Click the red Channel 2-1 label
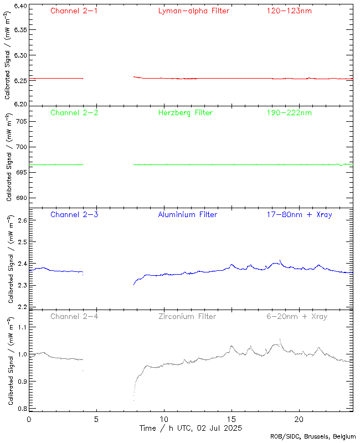[x=74, y=11]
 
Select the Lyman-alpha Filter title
[x=193, y=11]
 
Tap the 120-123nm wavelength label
[x=289, y=11]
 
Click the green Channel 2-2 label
[x=74, y=112]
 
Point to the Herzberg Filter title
[x=185, y=112]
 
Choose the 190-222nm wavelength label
[x=289, y=112]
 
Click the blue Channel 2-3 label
[x=74, y=214]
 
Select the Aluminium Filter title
[x=187, y=214]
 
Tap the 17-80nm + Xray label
[x=299, y=214]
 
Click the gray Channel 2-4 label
[x=74, y=316]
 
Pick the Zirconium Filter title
[x=187, y=316]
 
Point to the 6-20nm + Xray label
[x=297, y=316]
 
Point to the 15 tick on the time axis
[x=232, y=419]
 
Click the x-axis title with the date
[x=190, y=428]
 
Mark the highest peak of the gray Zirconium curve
[x=280, y=339]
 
